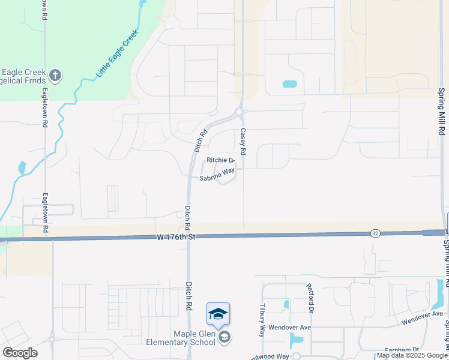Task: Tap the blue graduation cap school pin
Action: (x=218, y=313)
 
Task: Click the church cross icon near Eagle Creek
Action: (x=55, y=76)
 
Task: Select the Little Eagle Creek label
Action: (x=117, y=55)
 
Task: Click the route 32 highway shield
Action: (x=375, y=232)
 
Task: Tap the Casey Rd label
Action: (x=244, y=140)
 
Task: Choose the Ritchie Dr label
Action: (x=220, y=160)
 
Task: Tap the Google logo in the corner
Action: (x=20, y=353)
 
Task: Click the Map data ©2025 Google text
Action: (x=412, y=356)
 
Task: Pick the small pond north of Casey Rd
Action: (x=289, y=84)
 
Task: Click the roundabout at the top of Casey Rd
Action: (x=239, y=112)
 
